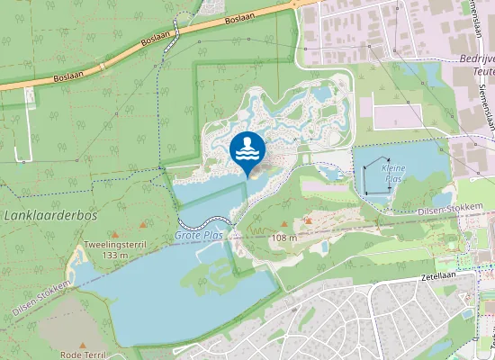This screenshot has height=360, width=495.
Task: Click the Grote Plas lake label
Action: (x=199, y=235)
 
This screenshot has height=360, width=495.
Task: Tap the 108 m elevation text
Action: (x=284, y=238)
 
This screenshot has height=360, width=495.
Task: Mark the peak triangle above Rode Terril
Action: (x=83, y=345)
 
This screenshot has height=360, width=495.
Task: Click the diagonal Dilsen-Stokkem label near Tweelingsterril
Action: (x=43, y=297)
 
